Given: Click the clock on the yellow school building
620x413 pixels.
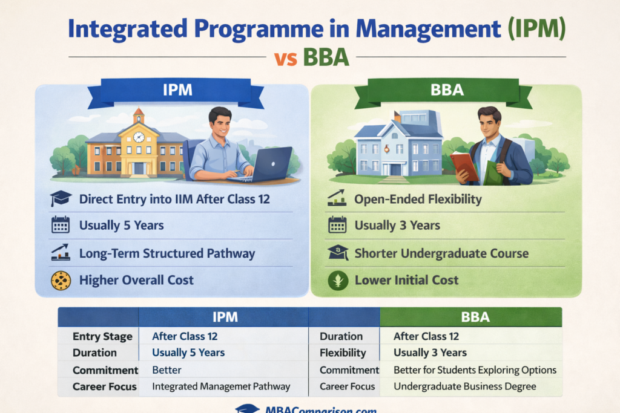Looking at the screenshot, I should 139,137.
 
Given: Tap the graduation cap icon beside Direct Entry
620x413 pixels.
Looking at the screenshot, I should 61,199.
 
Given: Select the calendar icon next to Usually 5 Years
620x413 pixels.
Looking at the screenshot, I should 61,225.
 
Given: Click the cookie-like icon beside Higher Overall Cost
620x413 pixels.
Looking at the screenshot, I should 61,280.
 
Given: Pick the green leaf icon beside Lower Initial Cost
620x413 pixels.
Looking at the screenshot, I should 338,281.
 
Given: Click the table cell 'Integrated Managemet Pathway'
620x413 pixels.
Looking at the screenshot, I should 221,386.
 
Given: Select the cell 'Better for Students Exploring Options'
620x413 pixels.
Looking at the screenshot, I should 475,370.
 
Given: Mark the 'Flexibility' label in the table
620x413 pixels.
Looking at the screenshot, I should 343,353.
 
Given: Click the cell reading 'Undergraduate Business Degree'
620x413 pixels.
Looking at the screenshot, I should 464,386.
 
